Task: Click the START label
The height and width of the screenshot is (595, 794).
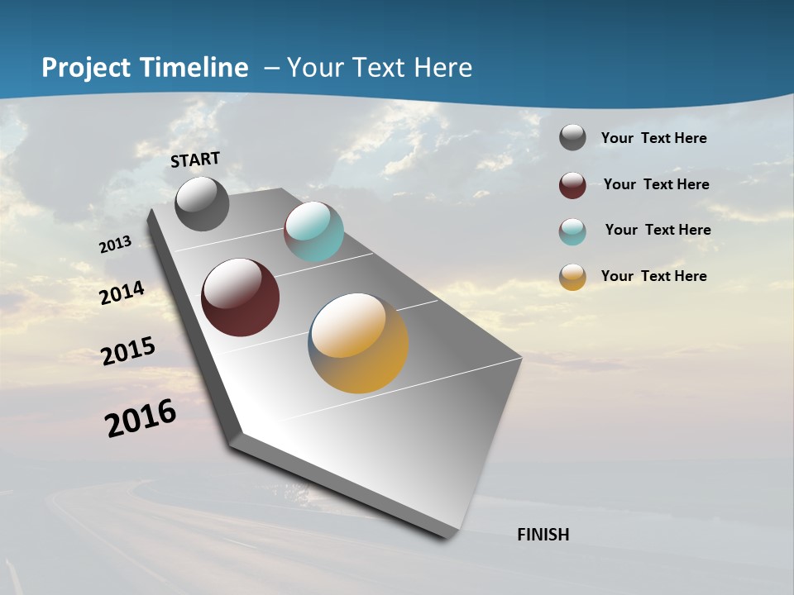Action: tap(195, 159)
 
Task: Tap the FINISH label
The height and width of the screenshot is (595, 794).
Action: tap(543, 535)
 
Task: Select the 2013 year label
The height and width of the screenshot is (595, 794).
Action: tap(115, 245)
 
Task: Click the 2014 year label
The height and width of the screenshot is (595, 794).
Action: tap(122, 293)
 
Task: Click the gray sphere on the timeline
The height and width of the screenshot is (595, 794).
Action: tap(202, 203)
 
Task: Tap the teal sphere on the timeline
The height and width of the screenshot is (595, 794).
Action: tap(313, 231)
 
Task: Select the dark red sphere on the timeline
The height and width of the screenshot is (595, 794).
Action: tap(240, 297)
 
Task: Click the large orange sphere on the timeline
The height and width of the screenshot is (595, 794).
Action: tap(358, 343)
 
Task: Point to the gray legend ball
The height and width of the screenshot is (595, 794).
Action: tap(572, 138)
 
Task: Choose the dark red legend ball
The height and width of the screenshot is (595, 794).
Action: tap(572, 185)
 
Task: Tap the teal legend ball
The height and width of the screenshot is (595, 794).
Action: tap(572, 231)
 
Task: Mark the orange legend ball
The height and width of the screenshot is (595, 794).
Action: tap(572, 277)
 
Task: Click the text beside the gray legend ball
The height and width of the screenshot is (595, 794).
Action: tap(653, 139)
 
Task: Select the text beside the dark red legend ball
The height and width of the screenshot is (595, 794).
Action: tap(656, 184)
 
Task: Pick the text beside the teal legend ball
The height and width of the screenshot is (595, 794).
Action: tap(658, 230)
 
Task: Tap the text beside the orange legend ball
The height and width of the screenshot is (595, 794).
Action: tap(653, 276)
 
